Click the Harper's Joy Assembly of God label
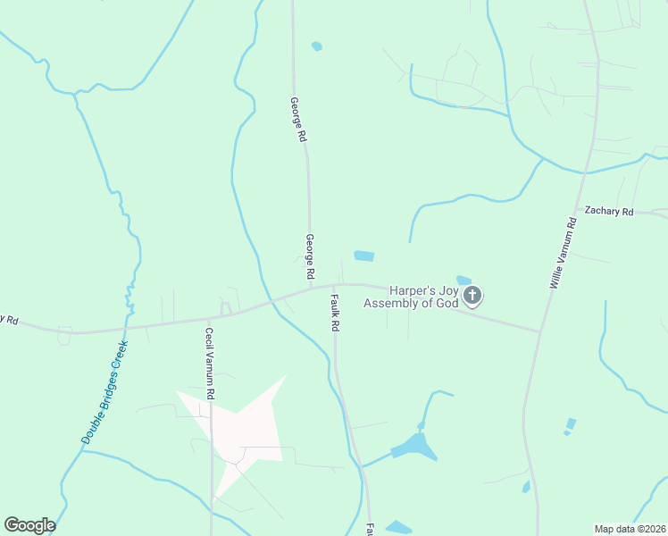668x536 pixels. [x=411, y=297]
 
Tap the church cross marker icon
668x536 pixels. [x=473, y=295]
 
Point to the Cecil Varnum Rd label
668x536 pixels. [x=210, y=363]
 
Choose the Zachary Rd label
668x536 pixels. [x=608, y=212]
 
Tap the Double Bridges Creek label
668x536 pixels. [x=105, y=391]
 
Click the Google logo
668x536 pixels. [x=29, y=525]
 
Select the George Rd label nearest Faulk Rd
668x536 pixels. [x=309, y=256]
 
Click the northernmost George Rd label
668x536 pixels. [x=299, y=121]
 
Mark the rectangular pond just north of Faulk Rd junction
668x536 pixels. [x=363, y=256]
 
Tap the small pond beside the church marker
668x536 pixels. [x=463, y=281]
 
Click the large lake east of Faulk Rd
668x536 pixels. [x=413, y=445]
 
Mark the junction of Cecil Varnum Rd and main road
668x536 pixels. [x=209, y=318]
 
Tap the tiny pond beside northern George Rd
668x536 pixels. [x=316, y=46]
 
